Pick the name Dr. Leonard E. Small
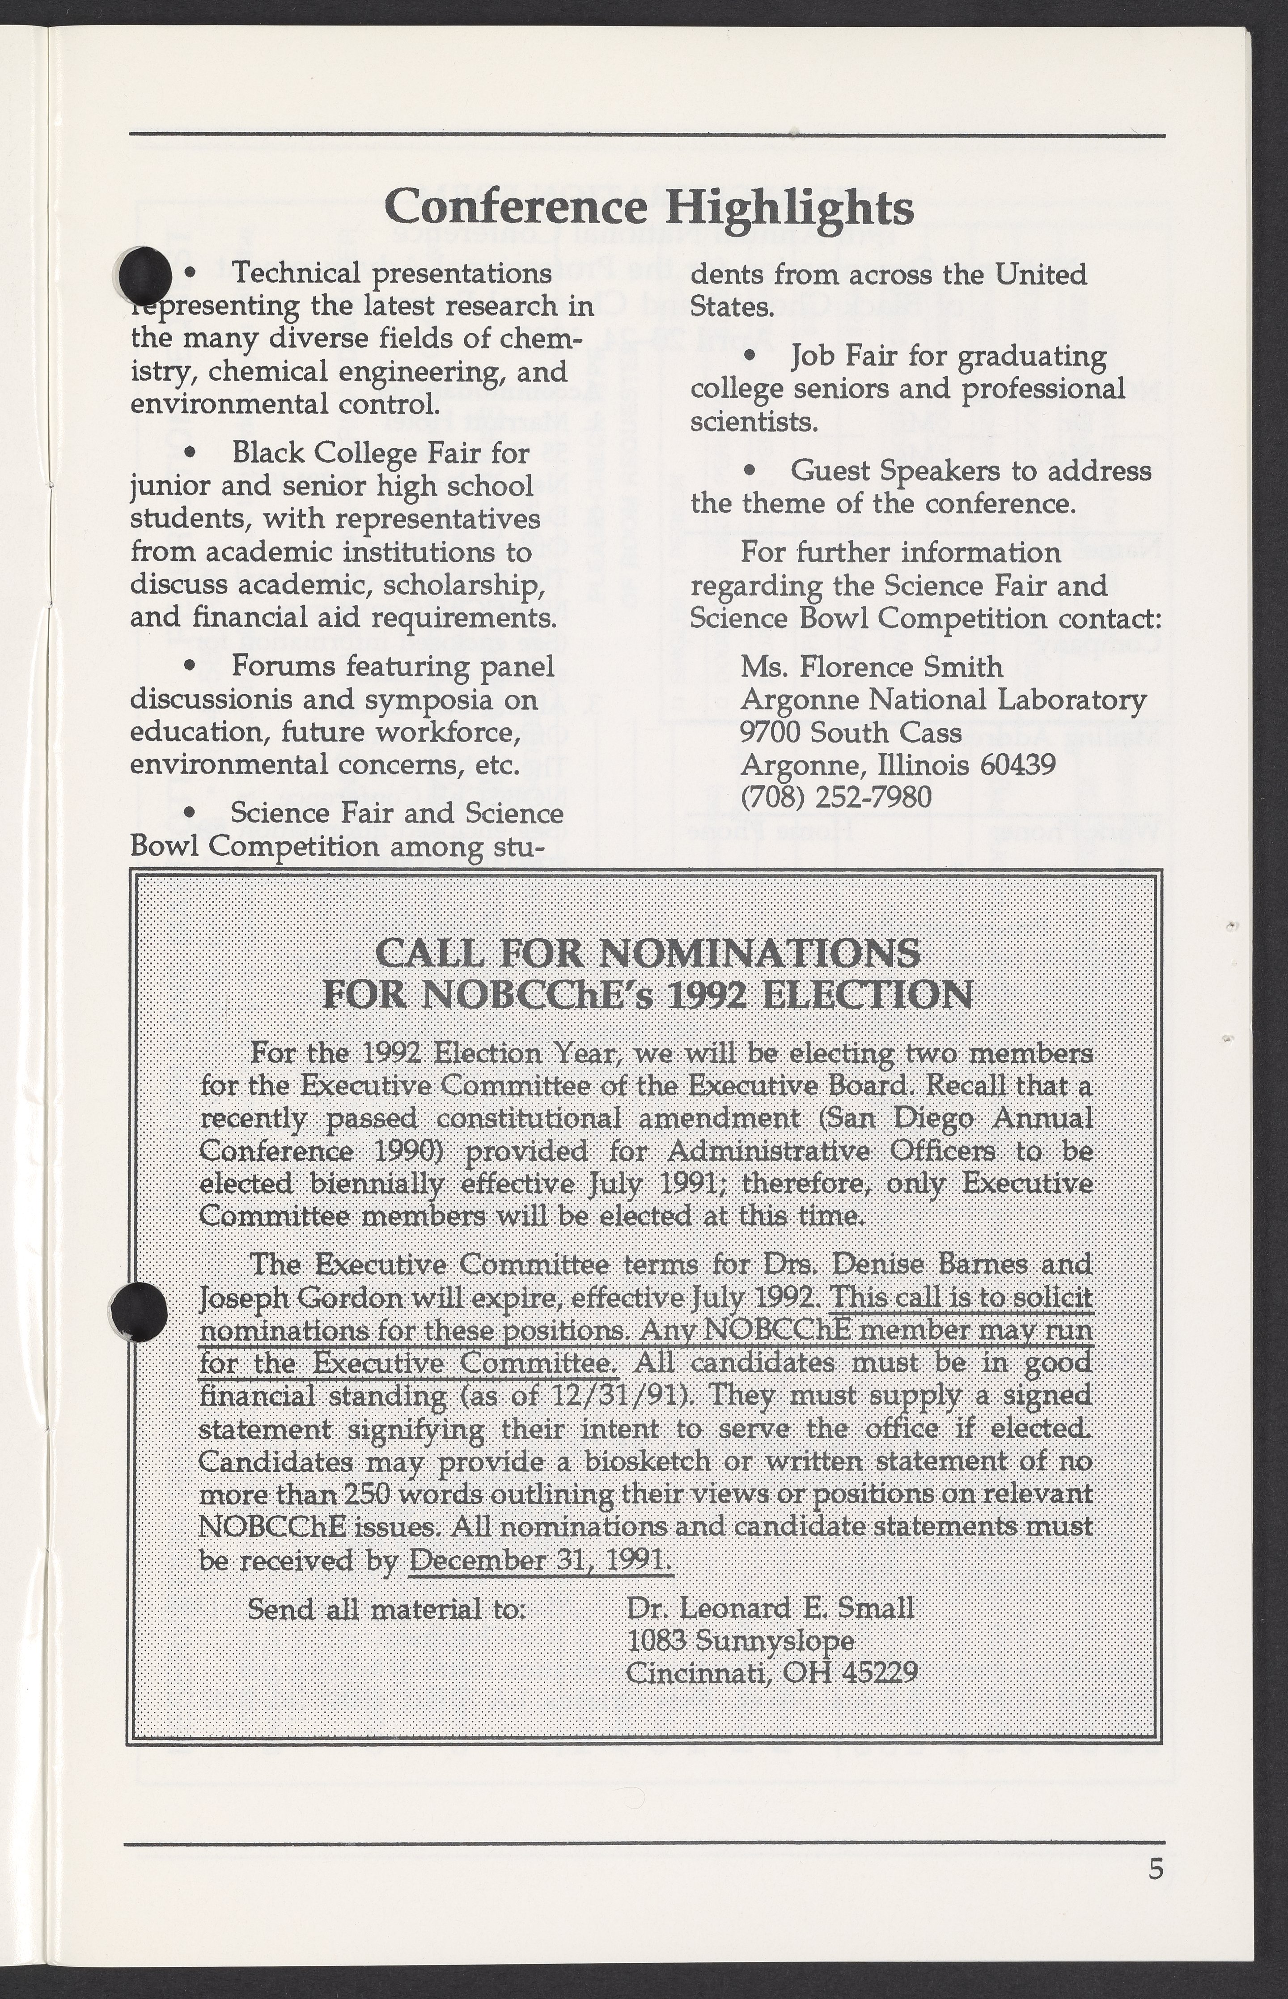[x=770, y=1609]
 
